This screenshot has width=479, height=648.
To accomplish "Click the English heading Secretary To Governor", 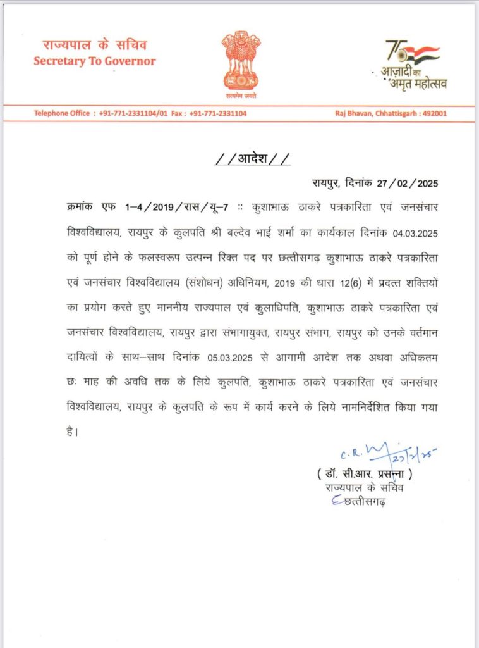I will (x=95, y=61).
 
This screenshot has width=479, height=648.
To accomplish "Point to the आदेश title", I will (x=253, y=158).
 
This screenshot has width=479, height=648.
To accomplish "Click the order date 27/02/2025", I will (x=405, y=184).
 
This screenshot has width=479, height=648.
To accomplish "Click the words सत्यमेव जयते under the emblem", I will (x=241, y=95).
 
